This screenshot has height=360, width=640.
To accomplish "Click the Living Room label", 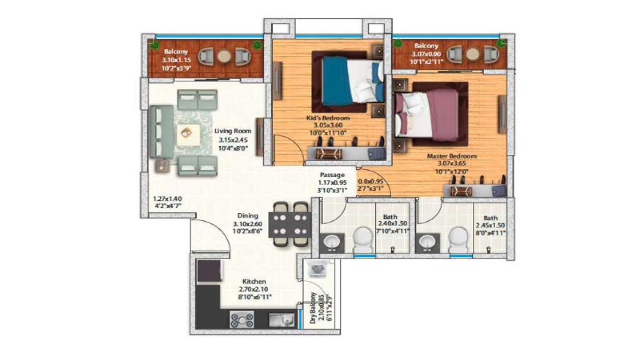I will tap(232, 131).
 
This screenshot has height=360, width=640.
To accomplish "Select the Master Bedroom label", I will tap(451, 156).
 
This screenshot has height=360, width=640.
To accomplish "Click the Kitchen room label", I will tap(254, 282).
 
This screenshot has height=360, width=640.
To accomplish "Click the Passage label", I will tap(332, 175).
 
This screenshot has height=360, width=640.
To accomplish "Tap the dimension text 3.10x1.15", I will tap(175, 60).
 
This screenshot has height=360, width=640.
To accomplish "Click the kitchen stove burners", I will tap(241, 320).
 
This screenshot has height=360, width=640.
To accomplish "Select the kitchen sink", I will tap(281, 320).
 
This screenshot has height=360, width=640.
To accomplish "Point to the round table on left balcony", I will tap(224, 56).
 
